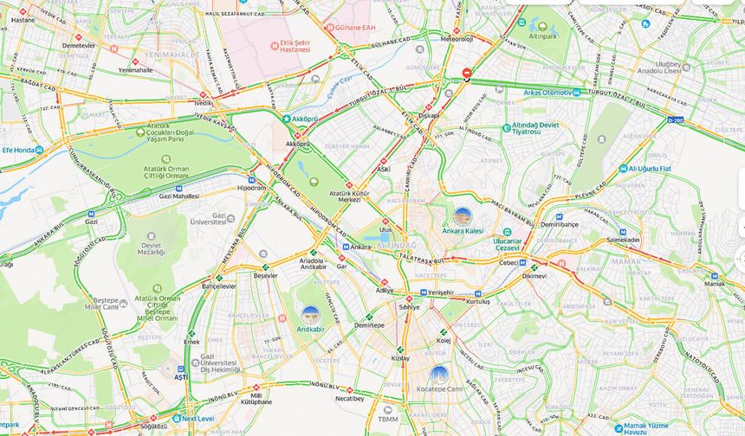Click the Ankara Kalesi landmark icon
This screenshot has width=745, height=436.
(463, 216)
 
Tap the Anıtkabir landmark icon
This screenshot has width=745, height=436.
(310, 316)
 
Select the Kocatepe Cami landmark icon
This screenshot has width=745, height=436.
(439, 375)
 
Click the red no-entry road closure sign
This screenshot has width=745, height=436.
(467, 74)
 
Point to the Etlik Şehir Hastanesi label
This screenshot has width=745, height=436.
(295, 45)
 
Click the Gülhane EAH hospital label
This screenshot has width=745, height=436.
(355, 28)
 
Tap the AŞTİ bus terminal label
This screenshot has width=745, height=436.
(180, 376)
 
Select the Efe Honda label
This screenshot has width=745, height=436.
(22, 150)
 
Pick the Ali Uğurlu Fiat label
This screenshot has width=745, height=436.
(650, 169)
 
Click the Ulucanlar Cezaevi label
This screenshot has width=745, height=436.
(507, 244)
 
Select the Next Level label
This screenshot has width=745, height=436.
(198, 419)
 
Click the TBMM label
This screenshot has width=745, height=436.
(387, 420)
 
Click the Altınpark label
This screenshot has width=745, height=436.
(542, 36)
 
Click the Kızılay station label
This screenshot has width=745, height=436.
(399, 357)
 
